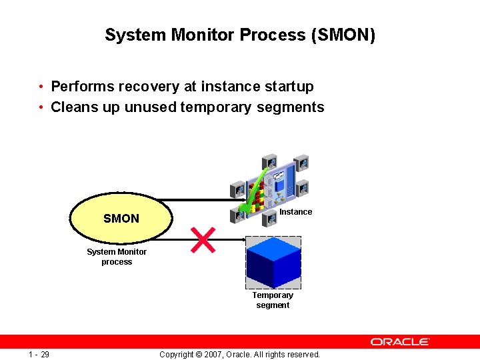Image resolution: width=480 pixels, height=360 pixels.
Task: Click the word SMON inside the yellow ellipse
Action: click(121, 219)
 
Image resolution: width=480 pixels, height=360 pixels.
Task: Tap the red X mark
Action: click(203, 240)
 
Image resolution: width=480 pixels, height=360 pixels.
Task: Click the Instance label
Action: click(295, 212)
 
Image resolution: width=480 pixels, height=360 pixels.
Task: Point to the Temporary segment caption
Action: click(273, 300)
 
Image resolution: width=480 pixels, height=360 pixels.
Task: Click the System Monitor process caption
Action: click(117, 257)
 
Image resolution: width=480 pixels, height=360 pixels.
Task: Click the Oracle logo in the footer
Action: click(400, 342)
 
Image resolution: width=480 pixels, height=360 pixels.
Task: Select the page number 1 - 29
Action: click(39, 354)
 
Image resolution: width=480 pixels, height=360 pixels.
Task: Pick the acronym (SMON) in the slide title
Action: click(343, 35)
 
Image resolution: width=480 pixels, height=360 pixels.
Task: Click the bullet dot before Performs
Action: click(41, 87)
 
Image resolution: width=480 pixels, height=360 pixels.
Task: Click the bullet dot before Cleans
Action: click(41, 107)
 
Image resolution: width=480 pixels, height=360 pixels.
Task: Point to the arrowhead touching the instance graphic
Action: click(233, 199)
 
